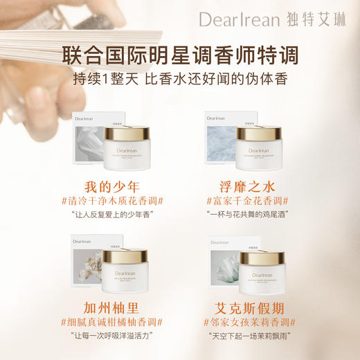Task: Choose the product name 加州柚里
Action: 116,307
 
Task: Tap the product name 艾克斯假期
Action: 246,307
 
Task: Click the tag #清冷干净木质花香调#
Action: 116,201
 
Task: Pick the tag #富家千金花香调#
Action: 246,201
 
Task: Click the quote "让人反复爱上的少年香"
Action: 116,215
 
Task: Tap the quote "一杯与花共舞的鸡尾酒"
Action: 246,215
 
